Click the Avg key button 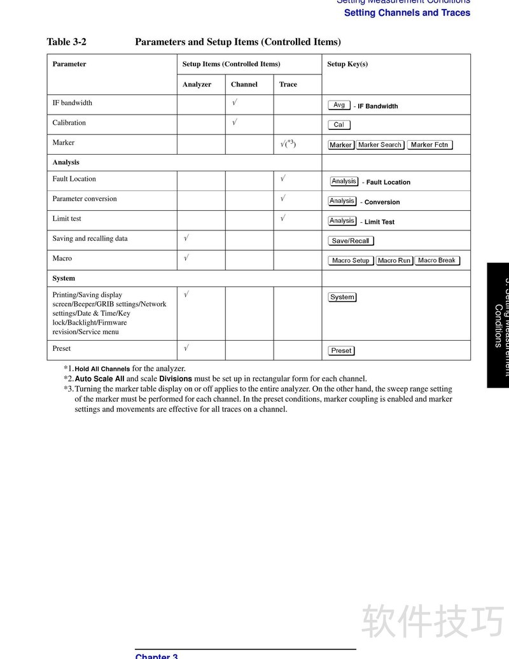click(x=339, y=105)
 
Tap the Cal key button click(x=339, y=125)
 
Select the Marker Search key click(x=380, y=145)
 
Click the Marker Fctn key click(x=429, y=145)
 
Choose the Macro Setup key click(x=351, y=260)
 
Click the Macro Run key click(x=394, y=260)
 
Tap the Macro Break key click(x=436, y=260)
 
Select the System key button click(x=342, y=297)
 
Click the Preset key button click(x=341, y=351)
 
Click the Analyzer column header click(x=197, y=84)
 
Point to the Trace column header click(x=288, y=84)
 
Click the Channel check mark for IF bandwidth click(x=235, y=103)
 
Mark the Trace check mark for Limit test click(x=283, y=218)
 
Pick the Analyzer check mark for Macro click(x=186, y=258)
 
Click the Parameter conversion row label click(x=85, y=199)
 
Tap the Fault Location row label click(x=74, y=179)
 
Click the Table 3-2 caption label click(x=66, y=42)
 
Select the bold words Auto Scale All click(x=99, y=379)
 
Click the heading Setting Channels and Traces click(x=407, y=13)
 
